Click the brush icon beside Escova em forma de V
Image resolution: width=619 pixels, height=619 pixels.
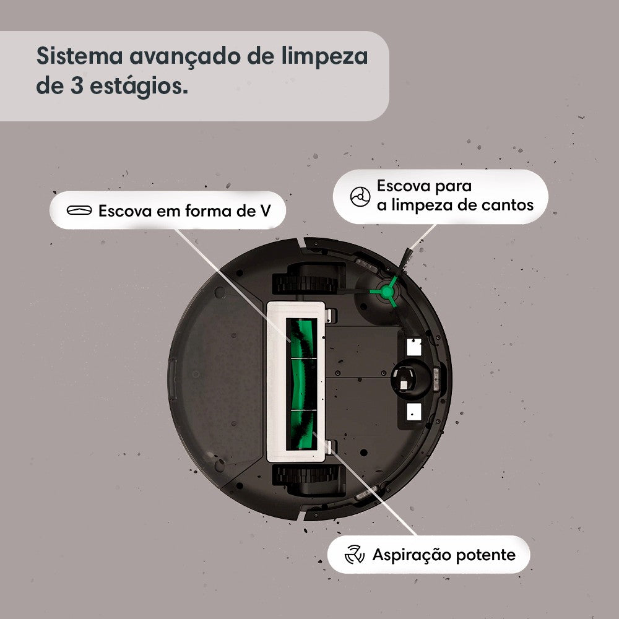pyautogui.click(x=79, y=210)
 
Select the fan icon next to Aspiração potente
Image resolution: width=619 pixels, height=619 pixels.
pyautogui.click(x=354, y=554)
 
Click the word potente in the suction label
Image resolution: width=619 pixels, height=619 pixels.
pyautogui.click(x=486, y=555)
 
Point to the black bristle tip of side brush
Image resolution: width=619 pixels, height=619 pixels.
pyautogui.click(x=405, y=254)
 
